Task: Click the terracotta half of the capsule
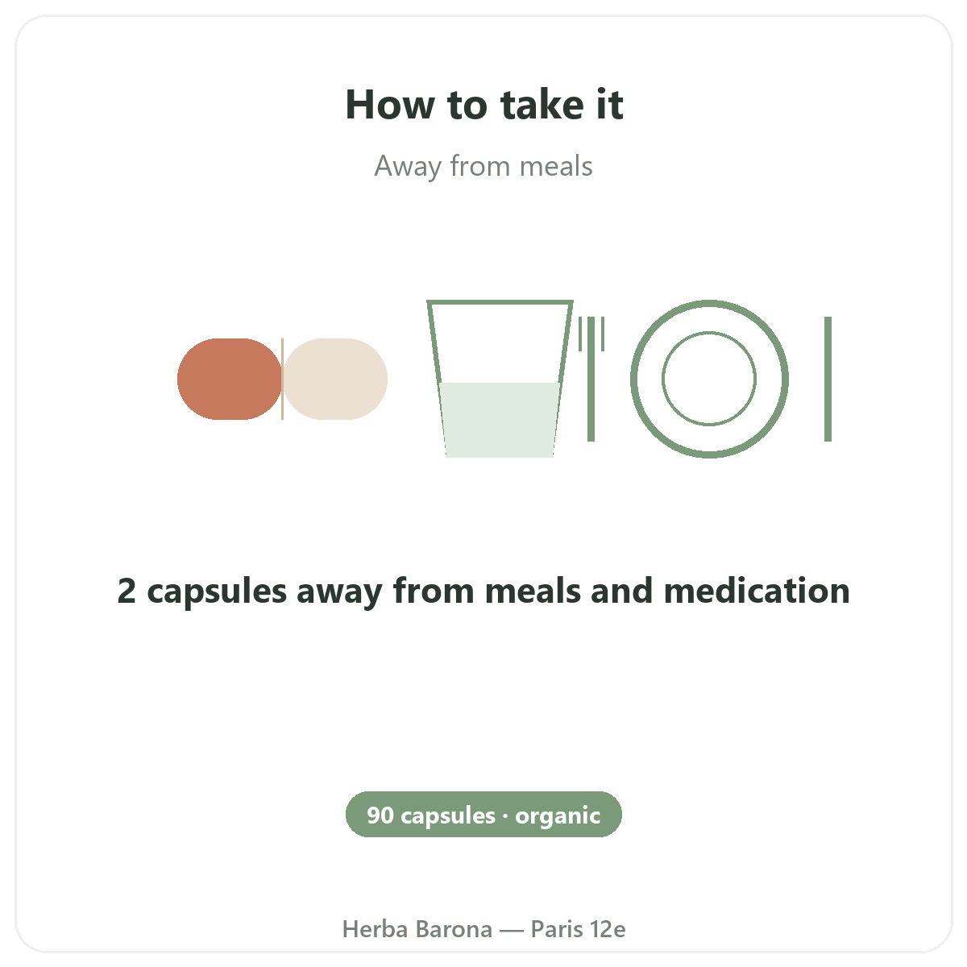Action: click(x=230, y=379)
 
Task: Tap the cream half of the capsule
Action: click(x=335, y=379)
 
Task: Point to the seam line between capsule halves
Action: click(x=283, y=379)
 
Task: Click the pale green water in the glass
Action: click(x=500, y=420)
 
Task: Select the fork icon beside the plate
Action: click(x=591, y=379)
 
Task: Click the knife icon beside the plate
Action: click(x=828, y=379)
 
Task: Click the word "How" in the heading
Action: click(x=390, y=105)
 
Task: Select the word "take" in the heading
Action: click(x=542, y=105)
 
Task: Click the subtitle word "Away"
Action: click(x=408, y=167)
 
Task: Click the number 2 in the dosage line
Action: click(x=127, y=590)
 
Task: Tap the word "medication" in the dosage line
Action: click(x=757, y=590)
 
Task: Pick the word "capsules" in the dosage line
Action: click(x=217, y=592)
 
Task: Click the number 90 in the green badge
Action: click(x=380, y=816)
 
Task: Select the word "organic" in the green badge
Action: click(x=558, y=817)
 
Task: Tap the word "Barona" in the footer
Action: click(x=454, y=929)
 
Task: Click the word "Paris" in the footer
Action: click(x=557, y=929)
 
